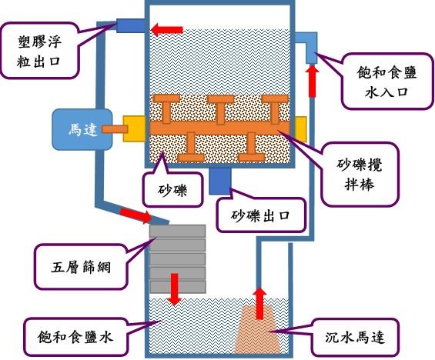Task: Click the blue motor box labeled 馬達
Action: pos(82,129)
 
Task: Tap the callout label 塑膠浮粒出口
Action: pos(38,51)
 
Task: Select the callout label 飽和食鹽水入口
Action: pos(387,82)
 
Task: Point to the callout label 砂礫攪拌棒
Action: pos(360,174)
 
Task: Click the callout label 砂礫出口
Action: pos(260,215)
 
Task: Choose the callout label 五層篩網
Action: pos(81,267)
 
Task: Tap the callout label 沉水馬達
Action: pos(355,337)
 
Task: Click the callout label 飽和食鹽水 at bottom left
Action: pos(75,337)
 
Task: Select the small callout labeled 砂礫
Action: pos(172,189)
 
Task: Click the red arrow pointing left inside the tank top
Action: pos(167,30)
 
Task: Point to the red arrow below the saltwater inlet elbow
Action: pos(312,81)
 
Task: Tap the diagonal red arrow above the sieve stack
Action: pos(136,215)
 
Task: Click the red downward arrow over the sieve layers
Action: pos(174,289)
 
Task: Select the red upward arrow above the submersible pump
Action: pos(259,303)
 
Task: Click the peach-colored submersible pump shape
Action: pos(257,329)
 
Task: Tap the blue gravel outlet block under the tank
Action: pos(219,182)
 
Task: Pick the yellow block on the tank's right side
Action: pos(301,129)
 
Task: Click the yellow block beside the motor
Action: pos(134,129)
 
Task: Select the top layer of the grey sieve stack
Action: pos(178,231)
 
